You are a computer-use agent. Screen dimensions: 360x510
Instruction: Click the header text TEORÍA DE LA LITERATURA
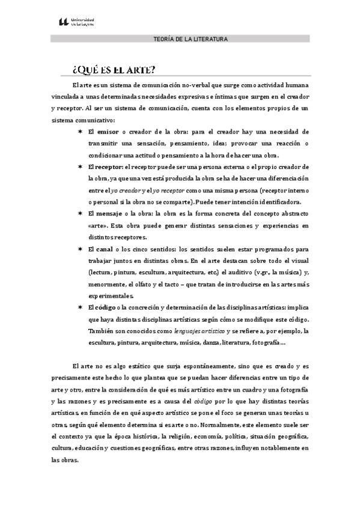[x=191, y=39]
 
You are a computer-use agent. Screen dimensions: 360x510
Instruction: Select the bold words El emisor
[x=103, y=131]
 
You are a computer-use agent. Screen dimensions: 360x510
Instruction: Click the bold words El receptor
[x=105, y=167]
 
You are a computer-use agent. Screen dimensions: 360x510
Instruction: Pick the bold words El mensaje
[x=105, y=214]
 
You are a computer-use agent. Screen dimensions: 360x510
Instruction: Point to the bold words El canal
[x=100, y=249]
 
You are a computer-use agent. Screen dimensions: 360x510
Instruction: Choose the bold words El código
[x=102, y=307]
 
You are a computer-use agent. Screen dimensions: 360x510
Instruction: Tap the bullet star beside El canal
[x=79, y=249]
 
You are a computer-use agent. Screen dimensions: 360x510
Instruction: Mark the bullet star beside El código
[x=79, y=307]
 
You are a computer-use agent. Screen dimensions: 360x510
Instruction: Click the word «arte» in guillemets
[x=97, y=226]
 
